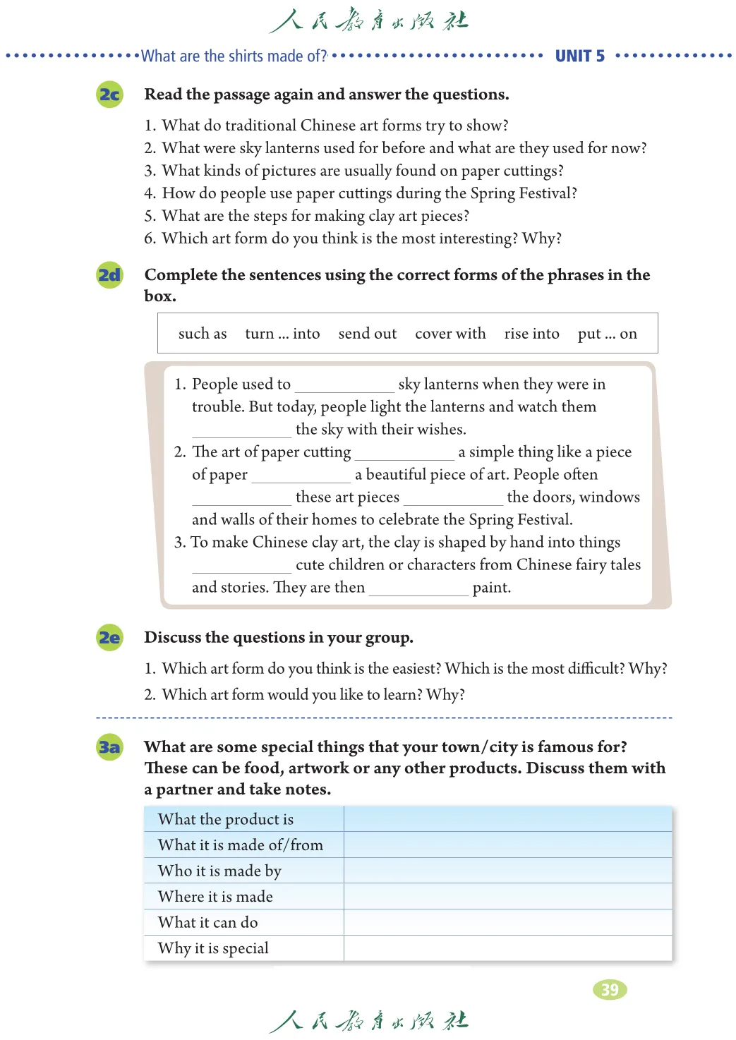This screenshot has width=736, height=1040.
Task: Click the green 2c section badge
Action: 109,95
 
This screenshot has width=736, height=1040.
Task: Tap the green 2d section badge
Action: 109,275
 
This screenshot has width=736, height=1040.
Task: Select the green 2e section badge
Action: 109,638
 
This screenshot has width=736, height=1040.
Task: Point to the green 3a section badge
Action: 109,747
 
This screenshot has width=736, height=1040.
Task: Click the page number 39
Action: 610,990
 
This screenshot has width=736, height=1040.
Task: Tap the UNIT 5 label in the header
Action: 579,56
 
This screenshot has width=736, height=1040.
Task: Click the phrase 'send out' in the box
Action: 367,334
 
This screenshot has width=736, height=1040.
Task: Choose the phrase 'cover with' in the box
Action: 450,334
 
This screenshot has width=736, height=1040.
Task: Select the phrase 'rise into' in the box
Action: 531,334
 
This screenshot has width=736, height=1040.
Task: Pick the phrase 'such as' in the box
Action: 203,334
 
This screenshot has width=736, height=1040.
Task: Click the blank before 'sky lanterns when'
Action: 344,387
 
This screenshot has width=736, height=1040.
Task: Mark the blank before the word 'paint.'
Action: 418,590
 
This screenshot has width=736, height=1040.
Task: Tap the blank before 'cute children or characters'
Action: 241,567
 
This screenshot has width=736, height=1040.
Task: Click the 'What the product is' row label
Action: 226,819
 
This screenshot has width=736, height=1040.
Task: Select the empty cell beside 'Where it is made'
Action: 507,897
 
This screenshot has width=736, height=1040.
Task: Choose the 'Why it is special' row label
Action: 213,948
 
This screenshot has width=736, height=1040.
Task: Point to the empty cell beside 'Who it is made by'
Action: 507,871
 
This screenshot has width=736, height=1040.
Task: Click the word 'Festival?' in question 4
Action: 548,193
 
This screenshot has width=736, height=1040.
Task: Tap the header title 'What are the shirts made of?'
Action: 234,56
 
